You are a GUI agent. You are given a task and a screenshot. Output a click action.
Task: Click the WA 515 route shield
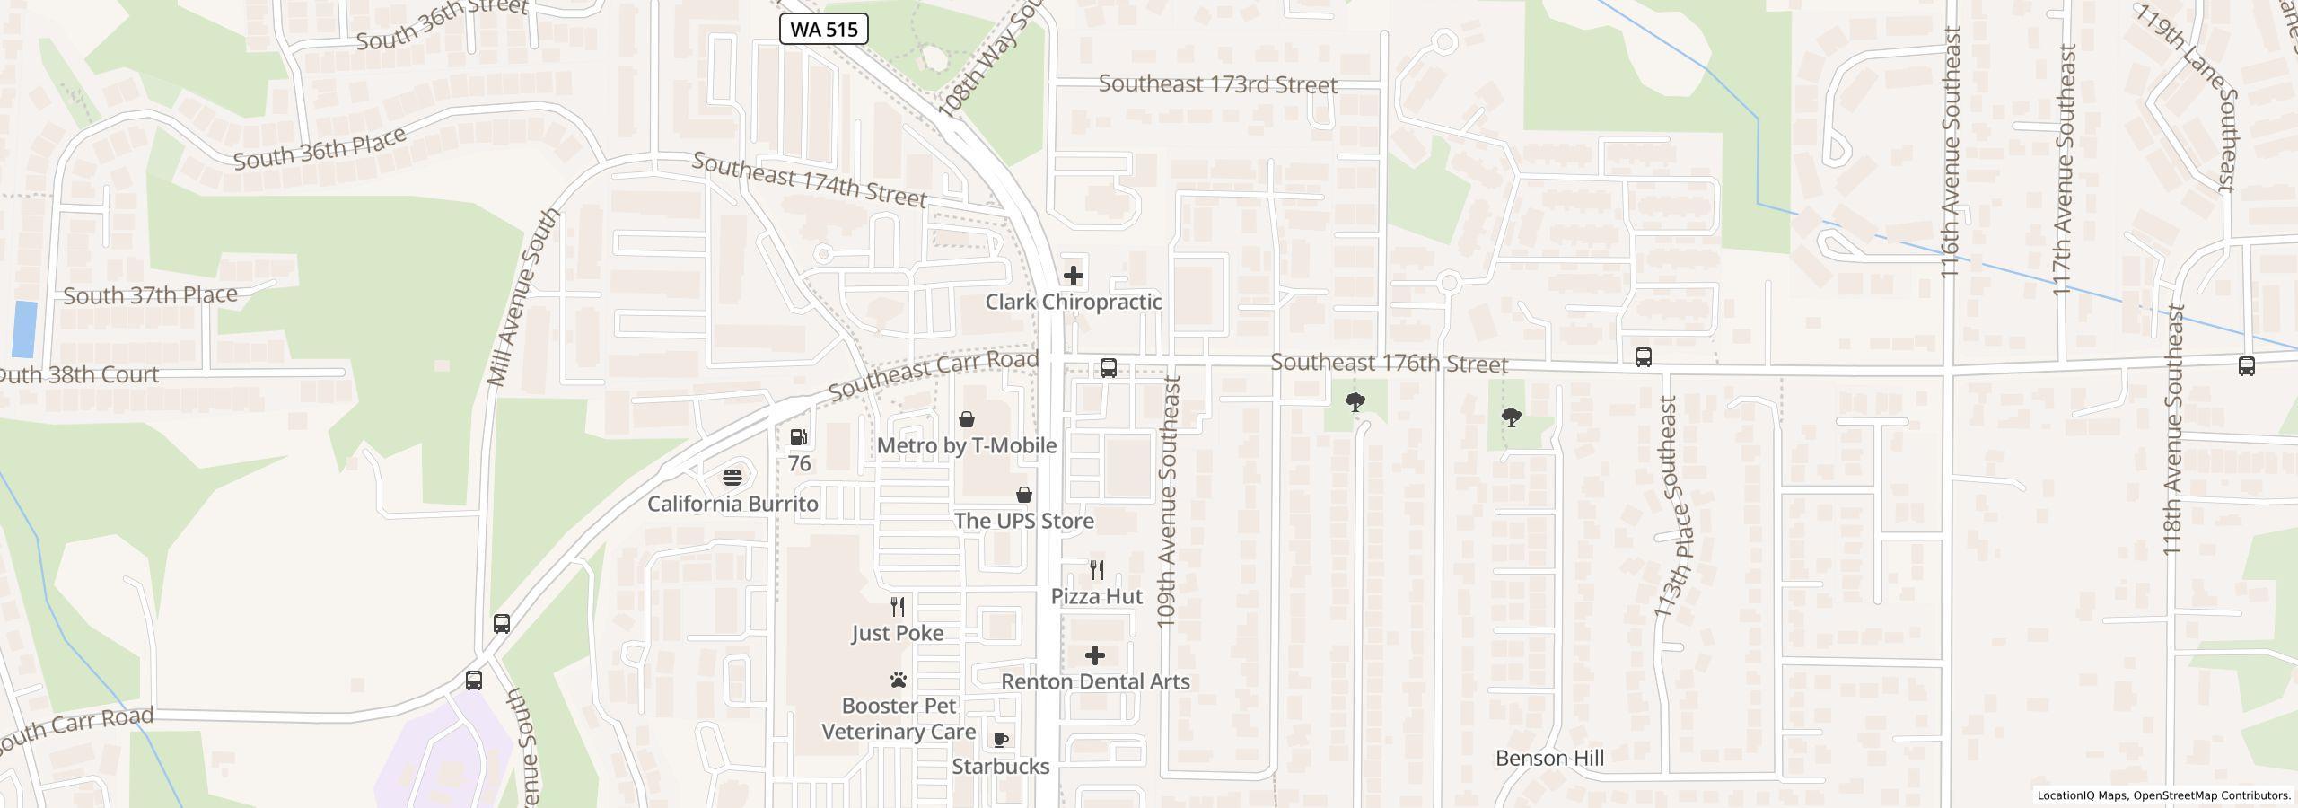coord(824,29)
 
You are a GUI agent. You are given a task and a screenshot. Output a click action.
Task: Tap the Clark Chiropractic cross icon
coord(1074,276)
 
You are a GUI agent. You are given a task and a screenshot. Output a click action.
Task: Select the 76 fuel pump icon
coord(798,437)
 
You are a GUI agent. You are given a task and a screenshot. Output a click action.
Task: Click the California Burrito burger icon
coord(733,477)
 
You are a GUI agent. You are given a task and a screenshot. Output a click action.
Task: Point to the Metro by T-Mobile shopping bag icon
coord(967,419)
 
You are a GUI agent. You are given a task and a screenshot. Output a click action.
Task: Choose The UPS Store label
coord(1023,521)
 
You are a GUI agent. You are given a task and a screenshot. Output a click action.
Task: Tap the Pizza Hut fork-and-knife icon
coord(1096,569)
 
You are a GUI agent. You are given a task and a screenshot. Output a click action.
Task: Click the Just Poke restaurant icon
coord(897,606)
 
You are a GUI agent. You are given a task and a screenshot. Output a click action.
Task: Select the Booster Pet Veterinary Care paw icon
coord(899,680)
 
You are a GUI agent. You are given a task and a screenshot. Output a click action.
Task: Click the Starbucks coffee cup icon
coord(1000,740)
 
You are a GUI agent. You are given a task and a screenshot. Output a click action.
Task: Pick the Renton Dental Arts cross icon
coord(1095,654)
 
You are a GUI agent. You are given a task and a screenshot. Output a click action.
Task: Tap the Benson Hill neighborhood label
coord(1549,758)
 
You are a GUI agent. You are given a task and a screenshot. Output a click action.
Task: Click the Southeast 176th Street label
coord(1389,364)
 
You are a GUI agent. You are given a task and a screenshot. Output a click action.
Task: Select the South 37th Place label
coord(150,294)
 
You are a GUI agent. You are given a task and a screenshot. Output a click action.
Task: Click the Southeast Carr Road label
coord(933,376)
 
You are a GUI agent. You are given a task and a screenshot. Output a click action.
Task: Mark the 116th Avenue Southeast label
coord(1950,153)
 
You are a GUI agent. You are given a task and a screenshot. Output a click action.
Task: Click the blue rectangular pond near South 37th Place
coord(24,329)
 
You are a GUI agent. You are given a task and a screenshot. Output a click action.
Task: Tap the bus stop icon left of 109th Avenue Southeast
coord(1109,368)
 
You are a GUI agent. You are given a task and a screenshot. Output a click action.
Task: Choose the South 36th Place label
coord(320,149)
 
